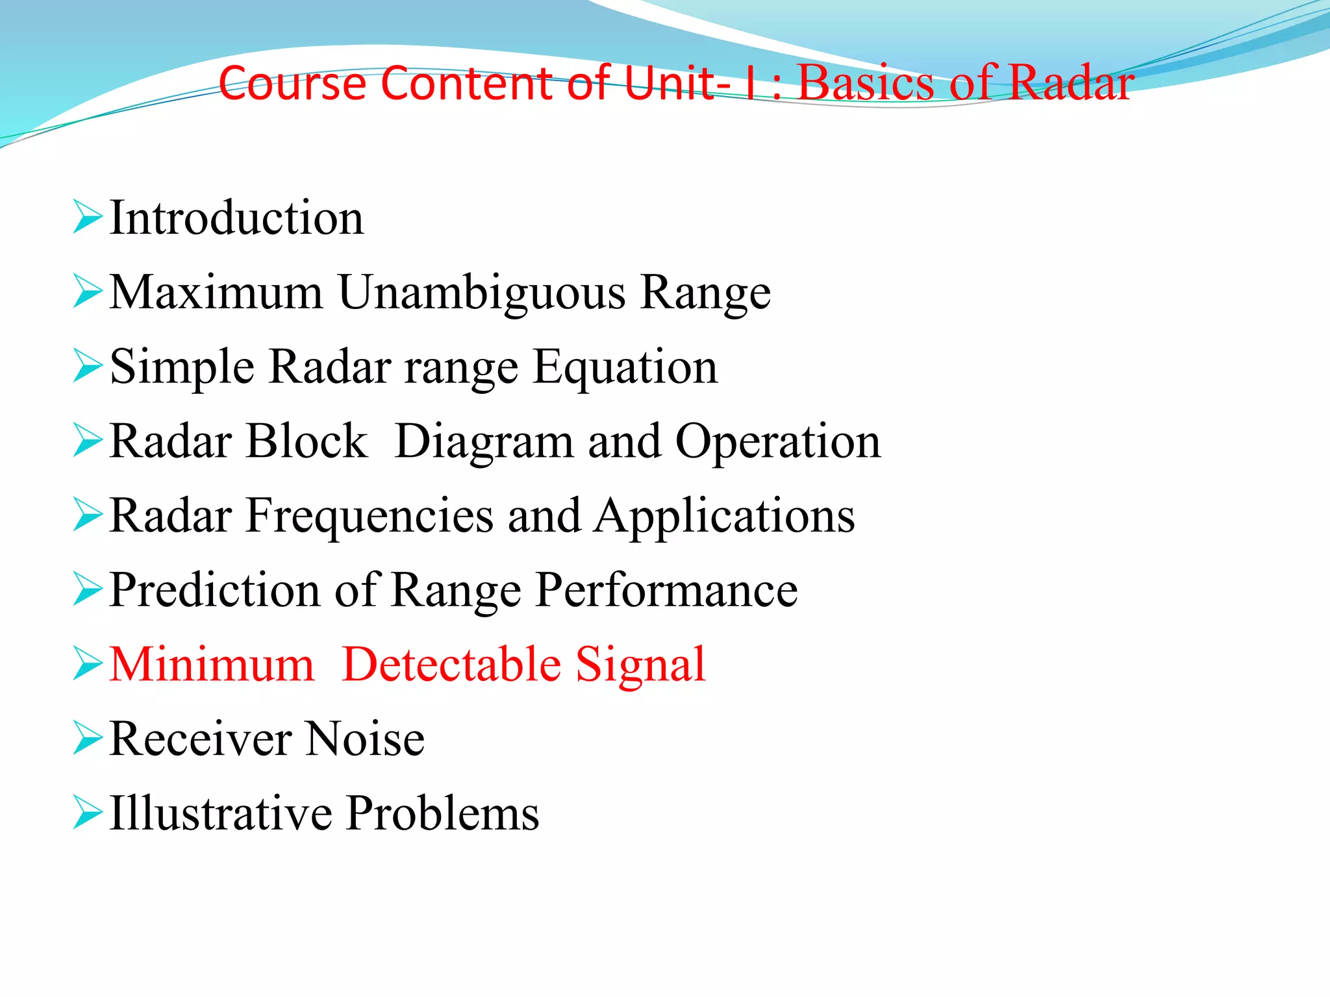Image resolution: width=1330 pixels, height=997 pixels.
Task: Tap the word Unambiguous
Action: (482, 293)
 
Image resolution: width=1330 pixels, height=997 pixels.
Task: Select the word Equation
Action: (625, 367)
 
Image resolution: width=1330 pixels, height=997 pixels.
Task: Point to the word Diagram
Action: (484, 442)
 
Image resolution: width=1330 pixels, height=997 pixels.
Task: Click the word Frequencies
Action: (370, 516)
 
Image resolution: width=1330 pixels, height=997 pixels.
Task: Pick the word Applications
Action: (725, 517)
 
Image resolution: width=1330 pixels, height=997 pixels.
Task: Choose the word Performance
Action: (666, 591)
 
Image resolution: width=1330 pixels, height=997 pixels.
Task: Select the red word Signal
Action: (640, 666)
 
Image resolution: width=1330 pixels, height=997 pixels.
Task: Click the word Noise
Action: (365, 739)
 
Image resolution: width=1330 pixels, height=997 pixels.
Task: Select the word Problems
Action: (442, 813)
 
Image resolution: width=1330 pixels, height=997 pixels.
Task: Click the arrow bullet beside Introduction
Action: (87, 217)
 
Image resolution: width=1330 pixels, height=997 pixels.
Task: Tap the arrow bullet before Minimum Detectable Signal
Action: (87, 664)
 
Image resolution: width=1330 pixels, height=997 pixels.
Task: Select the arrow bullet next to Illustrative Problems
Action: (87, 813)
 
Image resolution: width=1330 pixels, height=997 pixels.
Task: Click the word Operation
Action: (778, 442)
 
